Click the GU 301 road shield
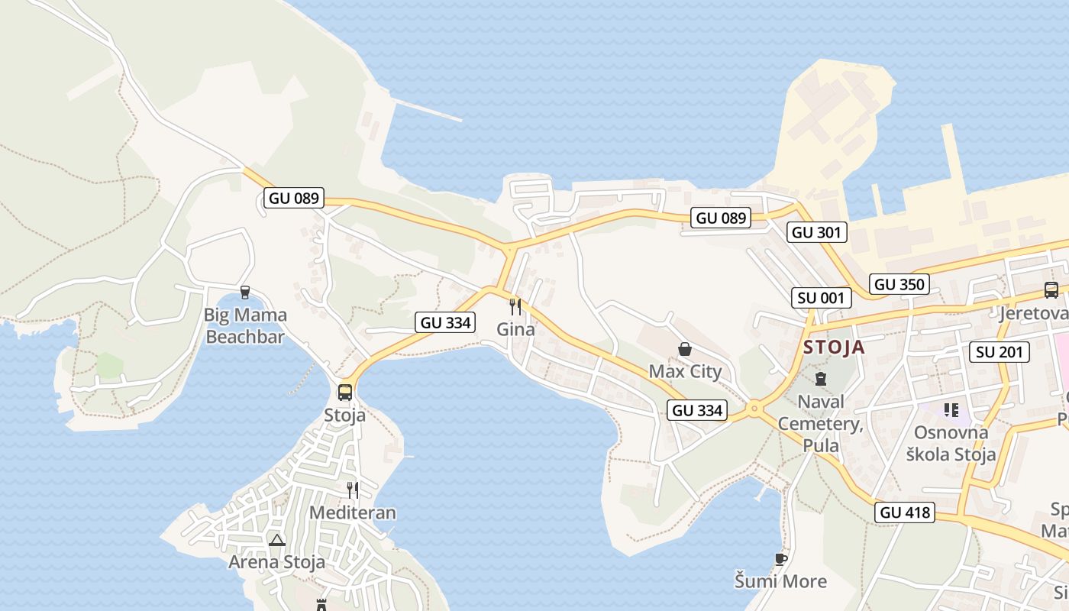[x=817, y=232]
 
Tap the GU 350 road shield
[x=899, y=285]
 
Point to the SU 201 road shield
[x=1000, y=352]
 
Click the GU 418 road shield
[x=906, y=512]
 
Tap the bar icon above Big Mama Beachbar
[x=245, y=292]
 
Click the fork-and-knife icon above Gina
[x=515, y=307]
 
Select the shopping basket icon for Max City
[x=685, y=350]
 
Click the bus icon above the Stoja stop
[x=345, y=393]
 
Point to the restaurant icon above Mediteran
[x=352, y=490]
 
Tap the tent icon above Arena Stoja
[x=276, y=541]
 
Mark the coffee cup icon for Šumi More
[x=780, y=560]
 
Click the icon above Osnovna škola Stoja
[x=951, y=410]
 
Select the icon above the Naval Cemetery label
[x=821, y=379]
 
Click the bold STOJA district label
[x=834, y=348]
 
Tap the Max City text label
[x=685, y=372]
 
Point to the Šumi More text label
[x=780, y=581]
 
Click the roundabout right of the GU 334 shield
[x=754, y=409]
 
